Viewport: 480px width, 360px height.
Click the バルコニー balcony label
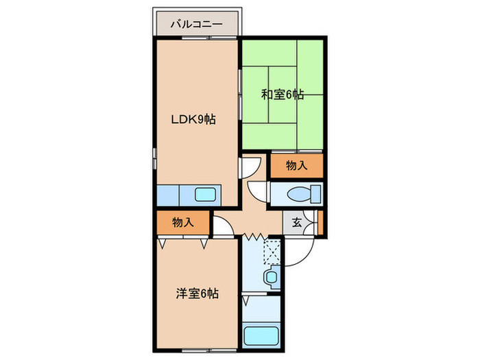point(196,24)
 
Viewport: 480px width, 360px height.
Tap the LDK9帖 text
point(194,119)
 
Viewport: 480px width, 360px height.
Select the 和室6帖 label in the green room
point(282,95)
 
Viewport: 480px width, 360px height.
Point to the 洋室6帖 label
point(197,293)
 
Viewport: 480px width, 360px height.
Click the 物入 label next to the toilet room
point(296,165)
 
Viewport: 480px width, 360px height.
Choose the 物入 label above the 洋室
point(182,222)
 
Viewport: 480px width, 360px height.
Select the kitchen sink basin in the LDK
point(205,194)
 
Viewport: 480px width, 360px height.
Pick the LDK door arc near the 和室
point(250,167)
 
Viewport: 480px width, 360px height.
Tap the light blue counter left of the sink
point(167,195)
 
